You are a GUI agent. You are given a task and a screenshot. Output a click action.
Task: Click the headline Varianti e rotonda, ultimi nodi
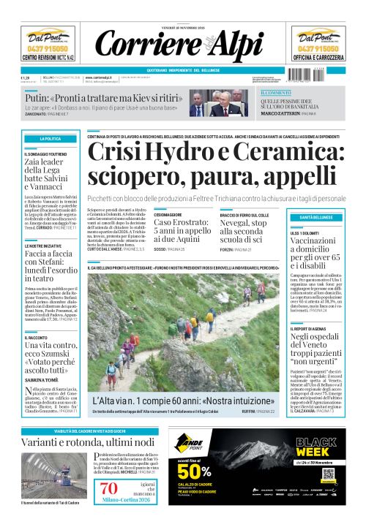pyautogui.click(x=89, y=443)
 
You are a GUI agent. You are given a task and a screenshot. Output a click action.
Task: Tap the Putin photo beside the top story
pyautogui.click(x=229, y=102)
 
